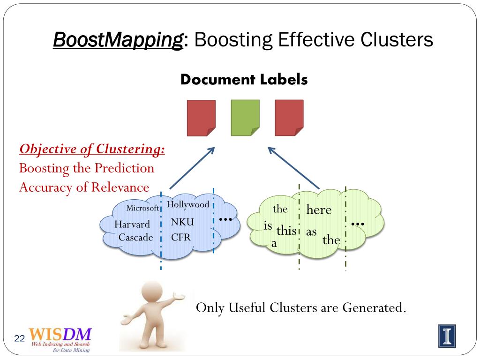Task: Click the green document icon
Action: [x=245, y=118]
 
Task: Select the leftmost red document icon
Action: [x=201, y=118]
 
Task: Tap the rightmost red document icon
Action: [x=289, y=118]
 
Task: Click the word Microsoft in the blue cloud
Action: [x=142, y=208]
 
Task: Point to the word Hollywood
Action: [x=188, y=204]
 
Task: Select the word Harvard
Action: [x=132, y=225]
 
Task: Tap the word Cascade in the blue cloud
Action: [x=136, y=237]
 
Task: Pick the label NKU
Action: [x=182, y=222]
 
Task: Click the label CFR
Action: [x=181, y=237]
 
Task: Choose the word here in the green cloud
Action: [x=319, y=210]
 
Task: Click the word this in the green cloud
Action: [x=286, y=231]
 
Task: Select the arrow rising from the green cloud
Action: [x=294, y=168]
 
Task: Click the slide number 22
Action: [x=19, y=338]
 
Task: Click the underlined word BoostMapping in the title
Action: [x=118, y=40]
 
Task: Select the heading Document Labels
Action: [x=244, y=80]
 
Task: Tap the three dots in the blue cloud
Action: [x=225, y=219]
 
